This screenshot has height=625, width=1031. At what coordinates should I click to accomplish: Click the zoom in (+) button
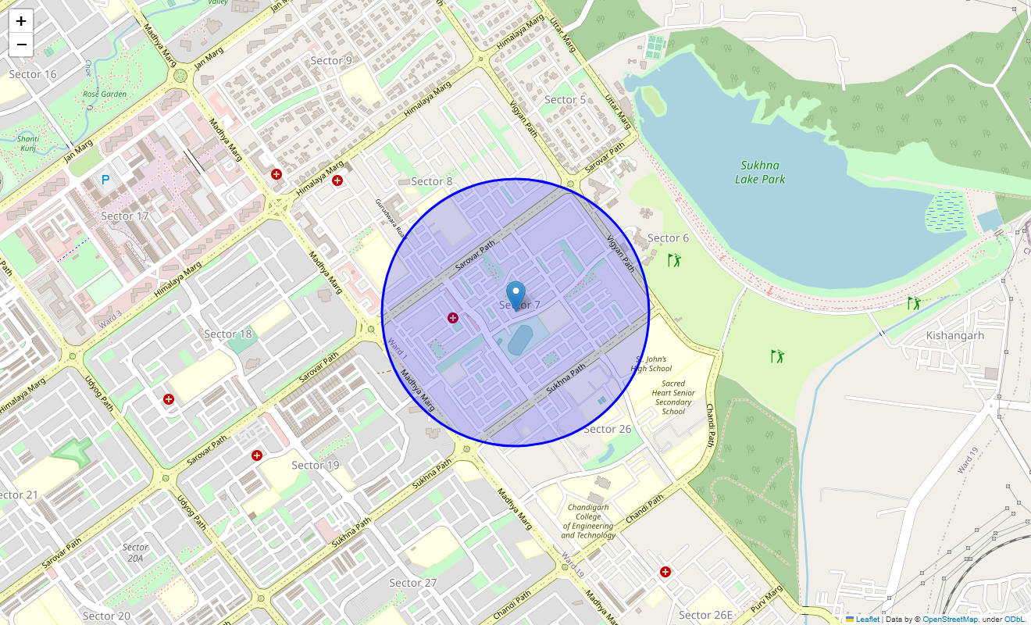(21, 21)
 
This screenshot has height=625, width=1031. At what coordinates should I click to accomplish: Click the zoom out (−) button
(21, 45)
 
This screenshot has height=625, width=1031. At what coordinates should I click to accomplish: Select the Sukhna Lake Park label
(760, 173)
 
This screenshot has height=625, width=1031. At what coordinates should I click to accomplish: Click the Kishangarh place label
(954, 335)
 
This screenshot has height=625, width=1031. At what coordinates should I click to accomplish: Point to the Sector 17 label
(125, 216)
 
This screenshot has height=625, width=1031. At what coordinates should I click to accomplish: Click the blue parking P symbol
(105, 180)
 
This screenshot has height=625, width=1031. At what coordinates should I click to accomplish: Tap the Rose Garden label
(105, 95)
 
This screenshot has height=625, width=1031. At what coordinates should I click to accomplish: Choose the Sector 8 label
(432, 181)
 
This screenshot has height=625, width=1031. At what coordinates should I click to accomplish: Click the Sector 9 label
(331, 60)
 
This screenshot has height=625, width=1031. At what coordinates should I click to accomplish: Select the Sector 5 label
(565, 99)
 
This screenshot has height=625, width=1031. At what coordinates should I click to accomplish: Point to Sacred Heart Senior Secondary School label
(672, 398)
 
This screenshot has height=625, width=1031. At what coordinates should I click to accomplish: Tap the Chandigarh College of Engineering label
(589, 521)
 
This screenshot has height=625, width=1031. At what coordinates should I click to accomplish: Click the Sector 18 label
(228, 334)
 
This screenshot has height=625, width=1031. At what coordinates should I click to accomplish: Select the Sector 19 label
(316, 465)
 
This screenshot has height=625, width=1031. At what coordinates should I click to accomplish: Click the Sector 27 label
(413, 583)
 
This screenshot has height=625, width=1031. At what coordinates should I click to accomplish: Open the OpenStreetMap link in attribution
(950, 619)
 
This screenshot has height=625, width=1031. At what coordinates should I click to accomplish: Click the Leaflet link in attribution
(868, 619)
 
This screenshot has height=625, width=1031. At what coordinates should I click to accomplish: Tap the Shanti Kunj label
(30, 143)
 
